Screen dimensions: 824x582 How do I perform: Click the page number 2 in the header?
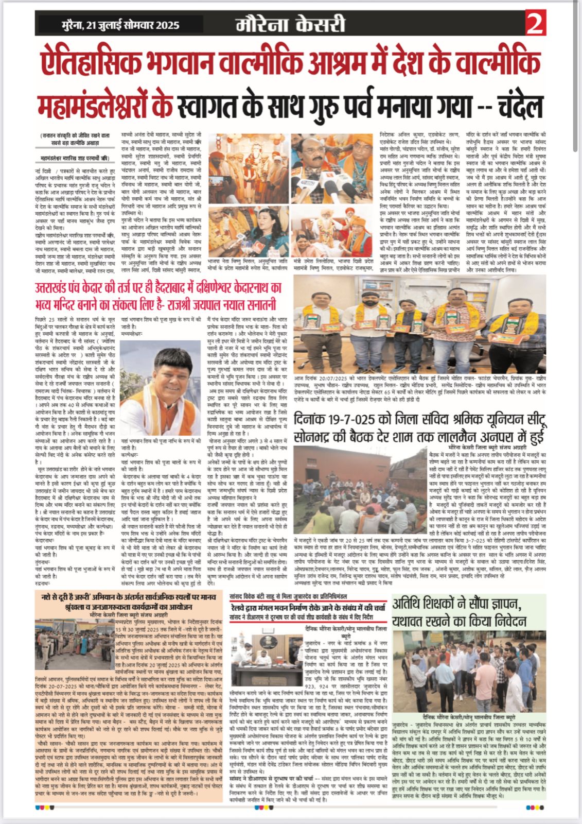[x=535, y=23]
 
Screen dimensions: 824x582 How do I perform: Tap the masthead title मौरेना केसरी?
[x=290, y=24]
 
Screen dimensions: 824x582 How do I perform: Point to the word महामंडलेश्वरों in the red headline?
[x=105, y=106]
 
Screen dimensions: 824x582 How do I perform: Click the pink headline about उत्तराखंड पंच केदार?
[x=158, y=295]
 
